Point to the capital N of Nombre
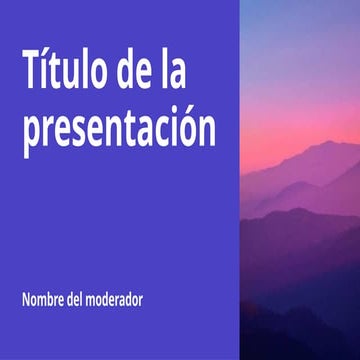click(x=24, y=299)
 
